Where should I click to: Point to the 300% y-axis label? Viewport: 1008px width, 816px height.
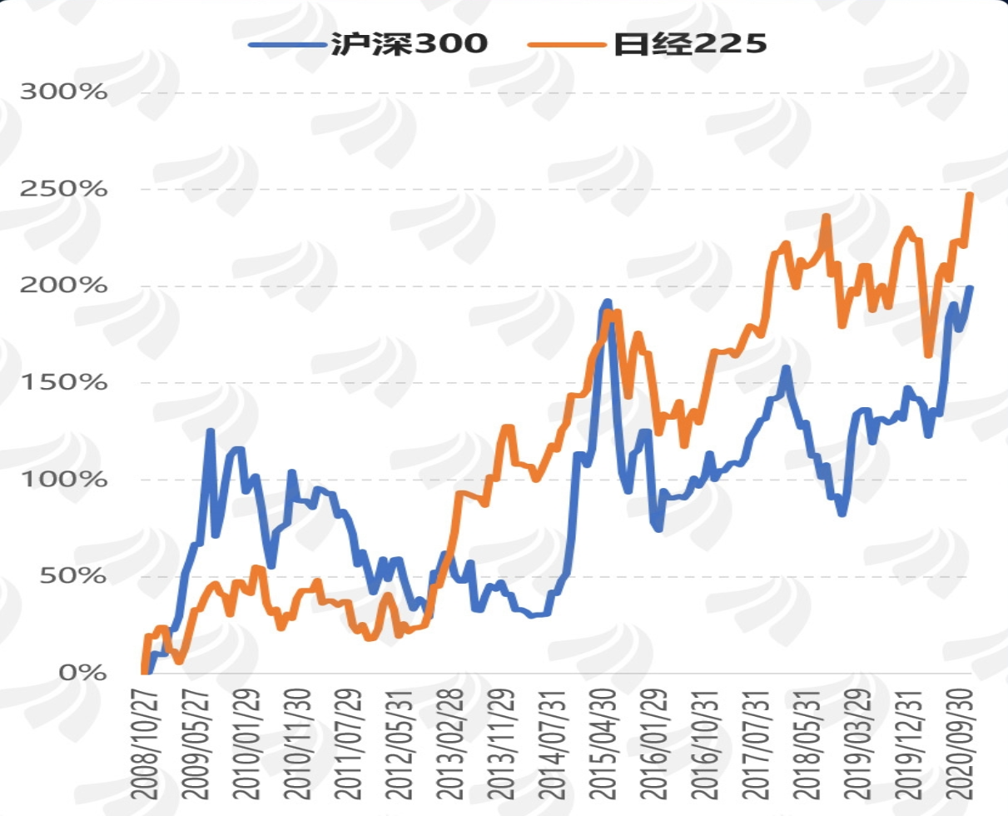(x=64, y=92)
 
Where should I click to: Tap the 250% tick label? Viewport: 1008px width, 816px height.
(x=64, y=189)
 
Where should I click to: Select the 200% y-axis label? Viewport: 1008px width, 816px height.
(x=64, y=286)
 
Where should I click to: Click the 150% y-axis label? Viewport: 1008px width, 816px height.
(x=64, y=383)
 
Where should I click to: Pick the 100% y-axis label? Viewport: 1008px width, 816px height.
(x=64, y=480)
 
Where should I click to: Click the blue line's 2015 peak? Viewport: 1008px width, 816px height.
(x=607, y=301)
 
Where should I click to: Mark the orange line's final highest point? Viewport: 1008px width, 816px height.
(x=970, y=195)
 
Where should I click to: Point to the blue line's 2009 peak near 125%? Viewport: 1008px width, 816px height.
(x=211, y=431)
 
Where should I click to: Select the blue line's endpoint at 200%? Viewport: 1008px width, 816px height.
(x=970, y=288)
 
